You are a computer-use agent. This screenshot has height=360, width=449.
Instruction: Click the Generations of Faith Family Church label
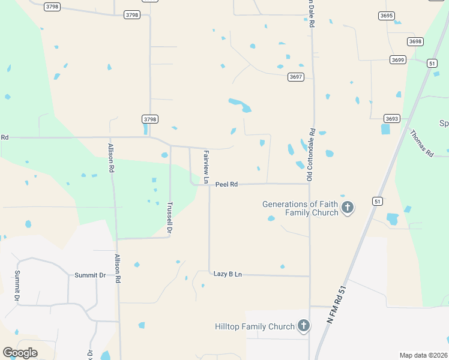(300, 208)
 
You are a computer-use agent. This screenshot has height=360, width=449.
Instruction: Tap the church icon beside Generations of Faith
(347, 208)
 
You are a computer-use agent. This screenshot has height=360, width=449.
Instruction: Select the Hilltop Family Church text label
(255, 326)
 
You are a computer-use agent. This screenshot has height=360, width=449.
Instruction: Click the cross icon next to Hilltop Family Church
(304, 326)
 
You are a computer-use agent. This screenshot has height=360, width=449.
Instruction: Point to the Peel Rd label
(226, 184)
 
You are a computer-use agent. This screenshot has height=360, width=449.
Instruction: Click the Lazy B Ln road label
(228, 274)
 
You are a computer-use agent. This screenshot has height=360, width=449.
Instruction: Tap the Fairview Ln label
(206, 167)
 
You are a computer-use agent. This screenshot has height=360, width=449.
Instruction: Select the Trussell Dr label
(170, 217)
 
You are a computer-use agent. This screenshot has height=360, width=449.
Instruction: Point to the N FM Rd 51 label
(337, 305)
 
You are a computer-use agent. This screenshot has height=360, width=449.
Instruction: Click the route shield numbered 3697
(295, 77)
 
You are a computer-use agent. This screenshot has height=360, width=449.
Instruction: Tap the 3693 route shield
(392, 119)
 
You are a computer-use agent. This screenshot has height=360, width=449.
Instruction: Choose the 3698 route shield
(415, 41)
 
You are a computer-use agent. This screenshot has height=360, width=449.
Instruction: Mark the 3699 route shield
(397, 59)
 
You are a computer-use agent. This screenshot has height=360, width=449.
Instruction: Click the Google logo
(20, 353)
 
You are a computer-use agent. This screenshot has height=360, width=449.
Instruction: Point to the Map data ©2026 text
(423, 355)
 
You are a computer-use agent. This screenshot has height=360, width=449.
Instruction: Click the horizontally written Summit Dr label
(90, 275)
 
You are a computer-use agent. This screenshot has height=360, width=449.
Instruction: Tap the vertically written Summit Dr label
(17, 286)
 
